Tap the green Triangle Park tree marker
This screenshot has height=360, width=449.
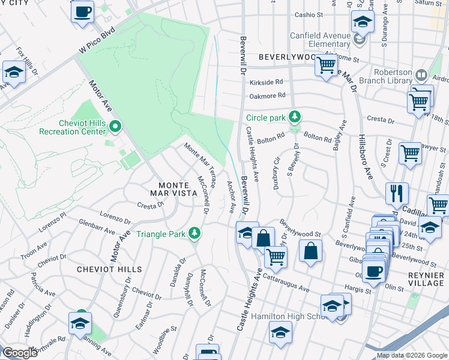(x=194, y=233)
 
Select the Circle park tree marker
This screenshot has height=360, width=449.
(x=294, y=116)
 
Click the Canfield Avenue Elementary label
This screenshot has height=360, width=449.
(x=320, y=39)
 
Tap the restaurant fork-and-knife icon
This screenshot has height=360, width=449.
(x=397, y=194)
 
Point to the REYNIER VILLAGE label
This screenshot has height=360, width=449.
(x=426, y=278)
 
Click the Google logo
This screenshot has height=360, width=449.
(x=20, y=353)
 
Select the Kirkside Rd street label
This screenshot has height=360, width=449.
(x=267, y=82)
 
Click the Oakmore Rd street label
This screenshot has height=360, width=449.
(x=268, y=96)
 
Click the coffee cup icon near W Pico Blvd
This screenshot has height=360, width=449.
(x=83, y=11)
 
